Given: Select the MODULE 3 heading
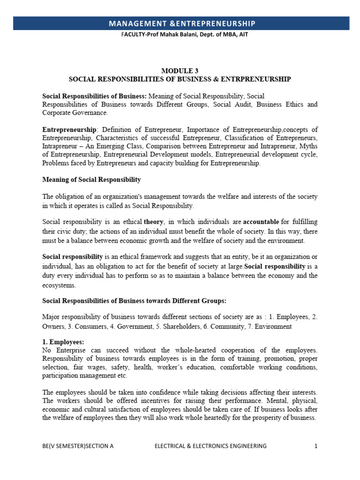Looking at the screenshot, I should point(180,71).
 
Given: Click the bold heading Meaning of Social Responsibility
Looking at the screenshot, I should point(91,180).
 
